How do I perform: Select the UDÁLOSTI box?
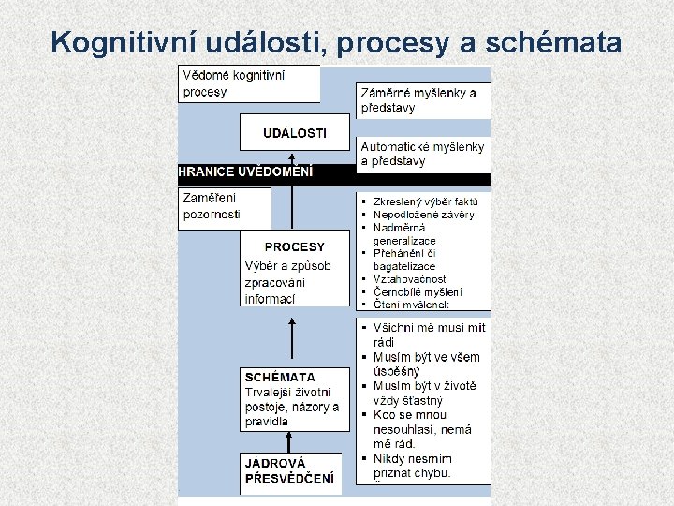point(294,132)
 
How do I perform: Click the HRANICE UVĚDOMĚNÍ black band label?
point(245,171)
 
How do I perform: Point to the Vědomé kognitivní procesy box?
point(248,82)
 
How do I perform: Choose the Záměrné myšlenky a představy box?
point(421,99)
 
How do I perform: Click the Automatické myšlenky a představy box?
point(422,154)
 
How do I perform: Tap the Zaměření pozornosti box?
point(223,207)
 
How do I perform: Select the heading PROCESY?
point(294,247)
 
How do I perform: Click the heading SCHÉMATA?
point(280,378)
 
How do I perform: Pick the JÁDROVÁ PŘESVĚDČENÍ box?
point(290,471)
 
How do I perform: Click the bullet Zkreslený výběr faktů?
point(426,201)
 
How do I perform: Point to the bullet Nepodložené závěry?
point(423,215)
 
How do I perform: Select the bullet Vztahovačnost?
point(410,279)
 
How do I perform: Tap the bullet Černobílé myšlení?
point(418,291)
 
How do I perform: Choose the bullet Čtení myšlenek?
point(412,305)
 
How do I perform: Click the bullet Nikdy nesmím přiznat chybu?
point(412,466)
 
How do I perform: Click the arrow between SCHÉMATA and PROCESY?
point(293,341)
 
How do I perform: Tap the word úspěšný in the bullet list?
point(398,371)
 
